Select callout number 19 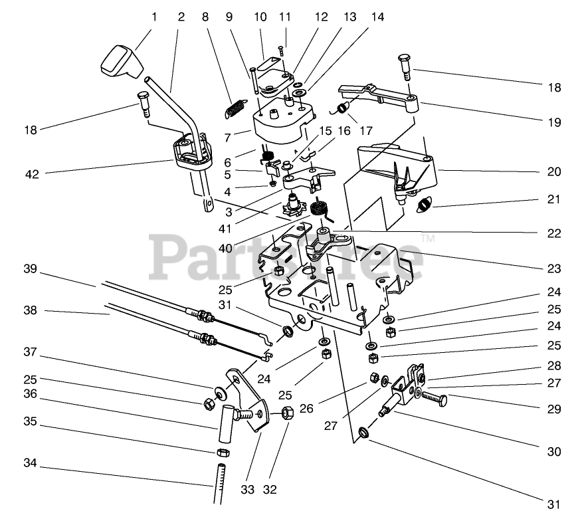pos(554,122)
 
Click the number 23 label pos(554,269)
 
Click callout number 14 pos(377,17)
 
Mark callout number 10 pos(259,17)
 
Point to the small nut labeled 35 pos(224,453)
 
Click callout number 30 pos(554,451)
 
